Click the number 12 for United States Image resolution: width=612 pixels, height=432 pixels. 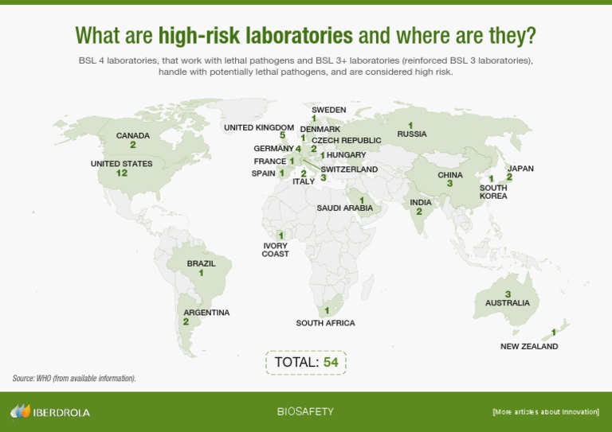click(x=121, y=173)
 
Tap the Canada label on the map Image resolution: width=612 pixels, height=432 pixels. click(x=133, y=136)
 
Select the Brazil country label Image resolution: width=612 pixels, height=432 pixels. click(x=201, y=263)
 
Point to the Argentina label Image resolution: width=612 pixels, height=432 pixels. click(x=206, y=313)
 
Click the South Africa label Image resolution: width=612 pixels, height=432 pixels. click(x=325, y=323)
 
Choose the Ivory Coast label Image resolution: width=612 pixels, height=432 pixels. click(x=275, y=250)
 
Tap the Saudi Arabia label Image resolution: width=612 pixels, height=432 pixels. click(x=344, y=208)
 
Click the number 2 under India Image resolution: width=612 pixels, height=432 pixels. click(x=419, y=212)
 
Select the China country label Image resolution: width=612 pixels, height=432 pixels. click(x=449, y=175)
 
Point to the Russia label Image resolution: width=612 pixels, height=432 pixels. click(x=412, y=134)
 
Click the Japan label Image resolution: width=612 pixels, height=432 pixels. click(x=520, y=169)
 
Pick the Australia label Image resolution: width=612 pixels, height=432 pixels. click(x=508, y=303)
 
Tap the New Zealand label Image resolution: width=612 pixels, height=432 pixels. click(x=529, y=347)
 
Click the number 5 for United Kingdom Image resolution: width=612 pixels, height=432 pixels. click(x=282, y=136)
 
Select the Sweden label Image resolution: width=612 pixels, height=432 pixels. click(x=328, y=110)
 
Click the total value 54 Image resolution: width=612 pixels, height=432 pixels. click(x=331, y=363)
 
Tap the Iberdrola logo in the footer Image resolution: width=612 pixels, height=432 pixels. click(x=50, y=412)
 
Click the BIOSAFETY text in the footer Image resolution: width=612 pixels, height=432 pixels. click(x=305, y=412)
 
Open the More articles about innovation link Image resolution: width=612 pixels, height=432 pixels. click(x=546, y=412)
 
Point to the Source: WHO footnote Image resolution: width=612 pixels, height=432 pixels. click(x=74, y=379)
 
